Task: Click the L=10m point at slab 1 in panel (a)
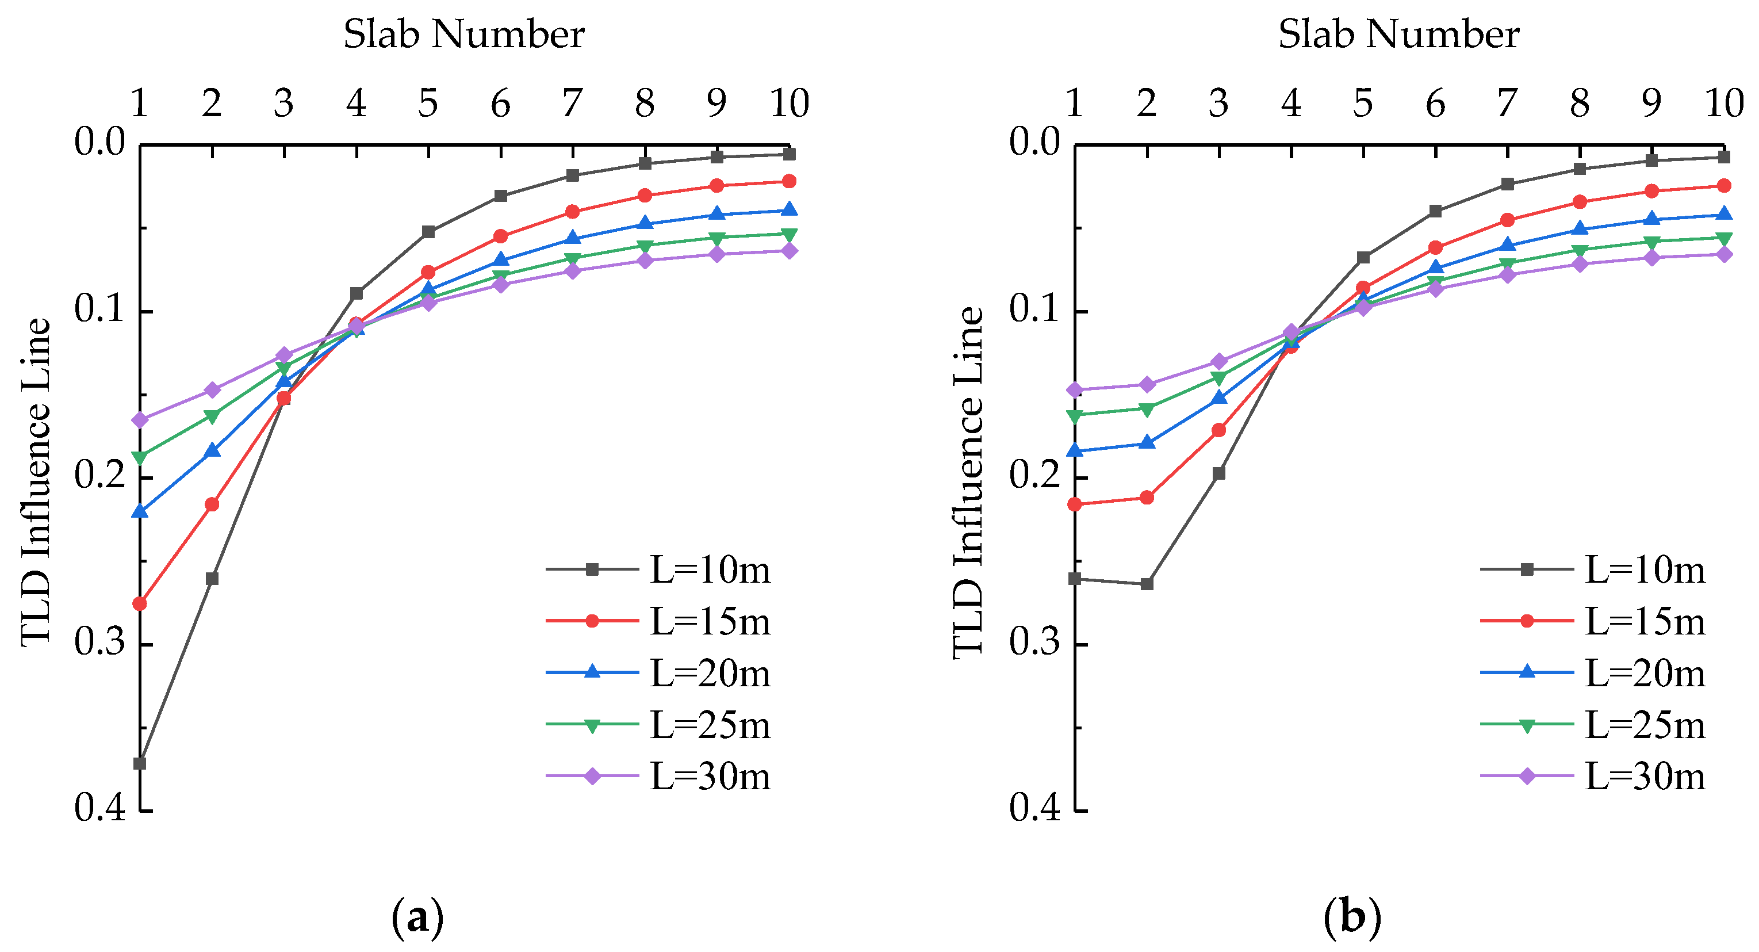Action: (x=140, y=763)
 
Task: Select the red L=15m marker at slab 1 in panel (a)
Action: (x=140, y=604)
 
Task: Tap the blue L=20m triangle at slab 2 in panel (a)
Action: (x=212, y=450)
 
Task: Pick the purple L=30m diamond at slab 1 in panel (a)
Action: (x=140, y=419)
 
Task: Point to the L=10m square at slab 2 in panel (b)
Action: (x=1147, y=584)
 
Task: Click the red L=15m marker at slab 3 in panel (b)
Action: (x=1219, y=430)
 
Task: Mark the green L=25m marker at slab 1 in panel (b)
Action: (x=1075, y=416)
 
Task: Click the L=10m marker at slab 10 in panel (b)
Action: (x=1723, y=157)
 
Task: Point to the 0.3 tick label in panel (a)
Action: (x=101, y=643)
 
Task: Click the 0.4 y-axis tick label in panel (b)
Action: (x=1035, y=809)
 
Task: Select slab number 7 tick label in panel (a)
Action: (x=572, y=104)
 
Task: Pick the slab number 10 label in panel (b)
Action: (x=1723, y=104)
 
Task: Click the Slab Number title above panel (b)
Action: (x=1398, y=34)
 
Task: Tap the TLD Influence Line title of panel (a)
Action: (x=36, y=482)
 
